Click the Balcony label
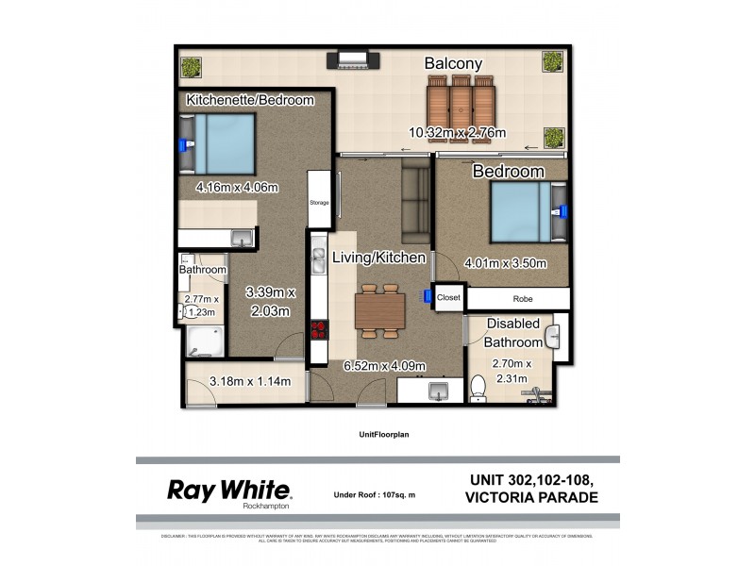[453, 64]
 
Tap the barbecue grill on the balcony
[353, 61]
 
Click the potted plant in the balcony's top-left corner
[192, 68]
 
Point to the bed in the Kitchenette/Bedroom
[220, 144]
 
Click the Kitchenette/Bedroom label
[249, 100]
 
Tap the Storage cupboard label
[319, 201]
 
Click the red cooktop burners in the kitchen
[318, 331]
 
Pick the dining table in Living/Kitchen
[381, 310]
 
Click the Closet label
[448, 297]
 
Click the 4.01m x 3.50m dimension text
[506, 263]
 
